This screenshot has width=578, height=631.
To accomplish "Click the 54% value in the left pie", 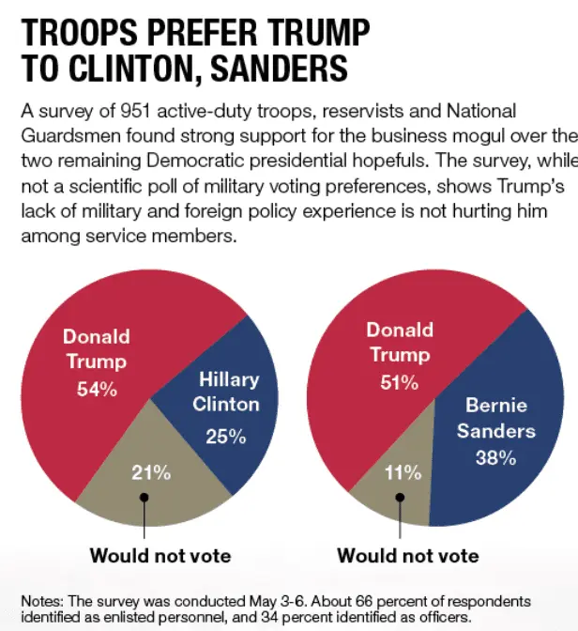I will pos(97,389).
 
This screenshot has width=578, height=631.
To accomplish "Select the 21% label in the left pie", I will pos(151,473).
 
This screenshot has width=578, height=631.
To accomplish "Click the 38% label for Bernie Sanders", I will pos(496,458).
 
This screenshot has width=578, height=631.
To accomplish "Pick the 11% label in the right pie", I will pos(404,473).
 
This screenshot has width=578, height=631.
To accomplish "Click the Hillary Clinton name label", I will pos(226,392).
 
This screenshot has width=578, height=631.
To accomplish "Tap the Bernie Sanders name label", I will pos(496,419).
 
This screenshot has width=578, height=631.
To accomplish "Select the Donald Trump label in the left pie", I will pos(96,348).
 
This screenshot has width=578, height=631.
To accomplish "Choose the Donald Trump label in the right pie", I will pos(400,342).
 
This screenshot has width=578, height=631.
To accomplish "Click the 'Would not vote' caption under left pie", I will pos(160,556).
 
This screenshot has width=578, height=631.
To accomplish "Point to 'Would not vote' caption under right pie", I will pos(408,556).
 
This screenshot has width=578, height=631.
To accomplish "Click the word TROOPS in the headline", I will pos(84,33).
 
